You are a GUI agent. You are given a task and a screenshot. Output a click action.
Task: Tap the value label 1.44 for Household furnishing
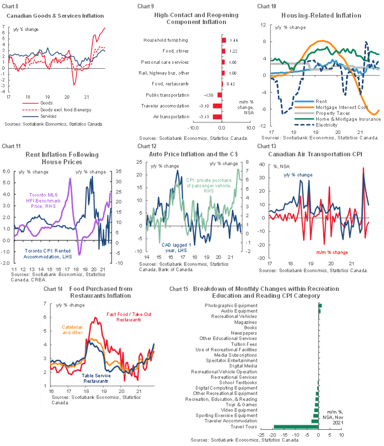[x=234, y=39]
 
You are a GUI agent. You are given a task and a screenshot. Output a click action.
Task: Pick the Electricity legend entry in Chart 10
[x=322, y=125]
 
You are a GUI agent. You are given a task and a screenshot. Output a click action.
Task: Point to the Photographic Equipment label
[x=231, y=305]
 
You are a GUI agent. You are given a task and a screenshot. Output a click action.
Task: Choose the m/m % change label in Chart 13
[x=331, y=252]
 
